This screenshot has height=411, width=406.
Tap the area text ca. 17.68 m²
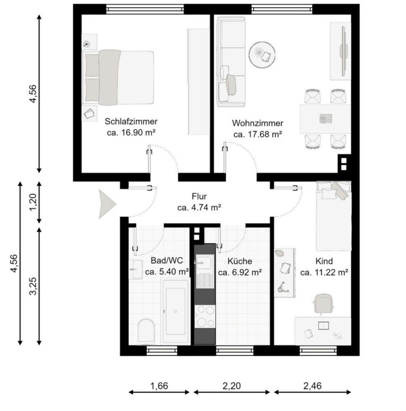[x=257, y=134]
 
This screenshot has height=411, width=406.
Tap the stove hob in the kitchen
[x=204, y=318]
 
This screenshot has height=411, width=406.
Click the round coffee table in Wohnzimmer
[x=262, y=54]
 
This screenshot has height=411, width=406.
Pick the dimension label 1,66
[x=159, y=385]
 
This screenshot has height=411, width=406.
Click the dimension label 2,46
[x=312, y=385]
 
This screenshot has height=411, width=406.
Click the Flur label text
[x=199, y=197]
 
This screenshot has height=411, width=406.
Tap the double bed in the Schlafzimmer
[x=119, y=77]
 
